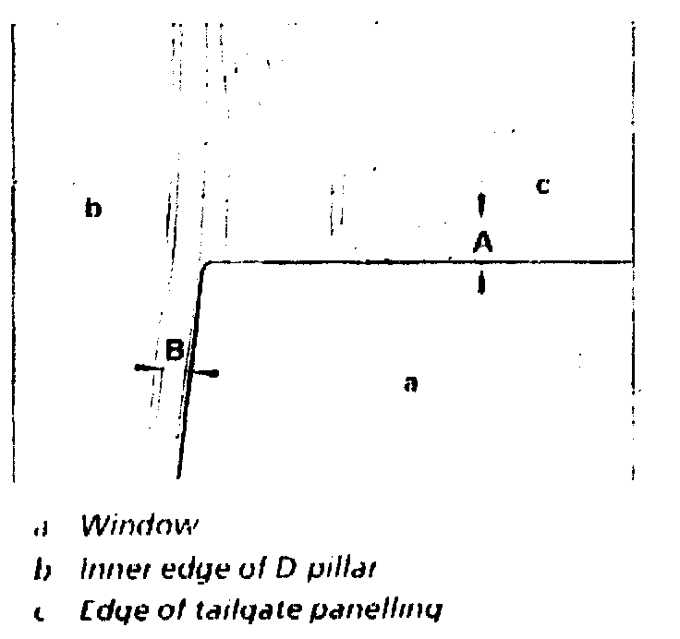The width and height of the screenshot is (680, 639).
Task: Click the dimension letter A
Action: tap(481, 242)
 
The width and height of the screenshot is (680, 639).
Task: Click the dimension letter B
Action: tap(176, 350)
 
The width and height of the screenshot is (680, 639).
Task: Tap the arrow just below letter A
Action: tap(481, 283)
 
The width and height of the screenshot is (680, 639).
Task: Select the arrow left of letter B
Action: tap(148, 368)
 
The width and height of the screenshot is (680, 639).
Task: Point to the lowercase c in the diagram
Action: tap(543, 187)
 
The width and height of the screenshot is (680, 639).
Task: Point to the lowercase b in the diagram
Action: tap(92, 209)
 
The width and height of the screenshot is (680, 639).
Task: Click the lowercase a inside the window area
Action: tap(412, 384)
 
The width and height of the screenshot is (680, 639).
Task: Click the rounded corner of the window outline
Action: tap(207, 267)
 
